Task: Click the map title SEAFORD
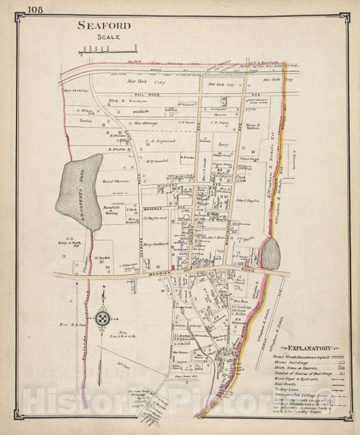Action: coord(103,26)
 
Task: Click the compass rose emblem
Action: coord(103,317)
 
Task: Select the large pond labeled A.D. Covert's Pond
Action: coord(80,191)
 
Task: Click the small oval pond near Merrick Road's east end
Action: coord(270,254)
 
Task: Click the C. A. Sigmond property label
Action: coord(160,141)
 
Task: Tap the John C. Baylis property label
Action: coord(248,200)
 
